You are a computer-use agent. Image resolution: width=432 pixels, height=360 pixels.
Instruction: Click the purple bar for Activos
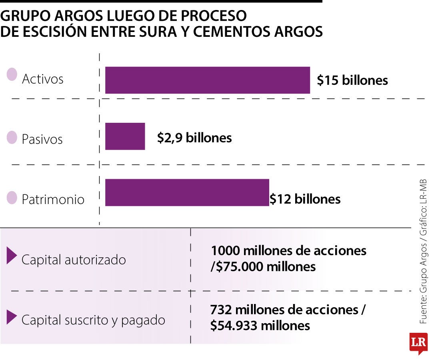tap(207, 80)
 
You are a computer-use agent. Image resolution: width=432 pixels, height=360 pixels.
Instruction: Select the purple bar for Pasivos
tap(125, 136)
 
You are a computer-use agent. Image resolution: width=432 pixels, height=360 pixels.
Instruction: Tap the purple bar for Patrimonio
tap(187, 192)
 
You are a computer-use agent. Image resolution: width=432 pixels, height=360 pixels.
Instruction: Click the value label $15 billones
tap(352, 80)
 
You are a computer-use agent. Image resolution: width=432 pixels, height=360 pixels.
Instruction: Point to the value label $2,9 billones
tap(194, 138)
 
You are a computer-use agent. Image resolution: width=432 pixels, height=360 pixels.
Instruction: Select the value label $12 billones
tap(305, 199)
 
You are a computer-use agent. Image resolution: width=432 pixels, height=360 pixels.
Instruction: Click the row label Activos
tap(42, 79)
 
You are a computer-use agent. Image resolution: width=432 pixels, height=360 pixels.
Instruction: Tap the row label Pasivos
tap(42, 139)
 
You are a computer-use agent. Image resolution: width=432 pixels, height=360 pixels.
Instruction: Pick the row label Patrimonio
tap(53, 199)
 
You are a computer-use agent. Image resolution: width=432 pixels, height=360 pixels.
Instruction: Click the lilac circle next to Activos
tap(12, 74)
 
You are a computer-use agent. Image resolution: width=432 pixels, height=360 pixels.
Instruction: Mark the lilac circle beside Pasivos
tap(12, 137)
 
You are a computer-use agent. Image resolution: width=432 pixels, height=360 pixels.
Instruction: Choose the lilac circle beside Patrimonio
tap(12, 198)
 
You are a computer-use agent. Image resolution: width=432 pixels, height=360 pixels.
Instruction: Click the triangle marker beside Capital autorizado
tap(12, 256)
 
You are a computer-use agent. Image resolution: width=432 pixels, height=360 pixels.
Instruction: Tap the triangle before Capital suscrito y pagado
tap(12, 317)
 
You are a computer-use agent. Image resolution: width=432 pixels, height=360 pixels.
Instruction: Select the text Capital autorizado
tap(74, 260)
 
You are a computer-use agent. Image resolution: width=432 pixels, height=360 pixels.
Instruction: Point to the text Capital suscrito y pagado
tap(93, 320)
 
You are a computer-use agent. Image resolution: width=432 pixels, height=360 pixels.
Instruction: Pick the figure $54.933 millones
tap(260, 326)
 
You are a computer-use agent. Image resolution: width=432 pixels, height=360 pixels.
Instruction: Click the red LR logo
tap(418, 343)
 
